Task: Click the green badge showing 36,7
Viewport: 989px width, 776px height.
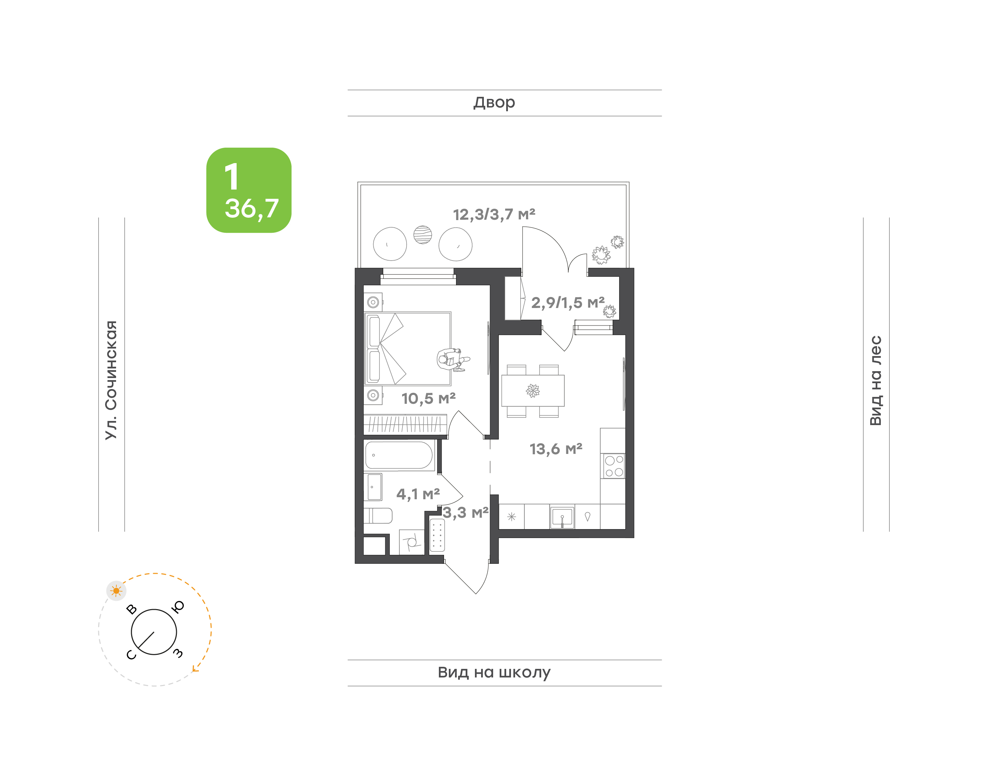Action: (x=249, y=190)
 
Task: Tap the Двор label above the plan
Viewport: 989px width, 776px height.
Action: (x=494, y=103)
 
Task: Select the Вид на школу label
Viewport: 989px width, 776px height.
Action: (x=494, y=672)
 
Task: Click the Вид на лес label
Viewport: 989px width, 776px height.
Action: (x=875, y=380)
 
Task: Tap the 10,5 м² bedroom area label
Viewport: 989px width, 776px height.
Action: (x=429, y=398)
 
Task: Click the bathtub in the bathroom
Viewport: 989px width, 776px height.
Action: (x=399, y=455)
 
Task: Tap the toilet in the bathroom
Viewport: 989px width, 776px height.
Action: (x=378, y=516)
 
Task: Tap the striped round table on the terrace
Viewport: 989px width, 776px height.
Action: (x=422, y=235)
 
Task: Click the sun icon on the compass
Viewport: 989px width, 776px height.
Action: (x=116, y=591)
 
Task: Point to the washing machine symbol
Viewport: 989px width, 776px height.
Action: (x=412, y=542)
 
